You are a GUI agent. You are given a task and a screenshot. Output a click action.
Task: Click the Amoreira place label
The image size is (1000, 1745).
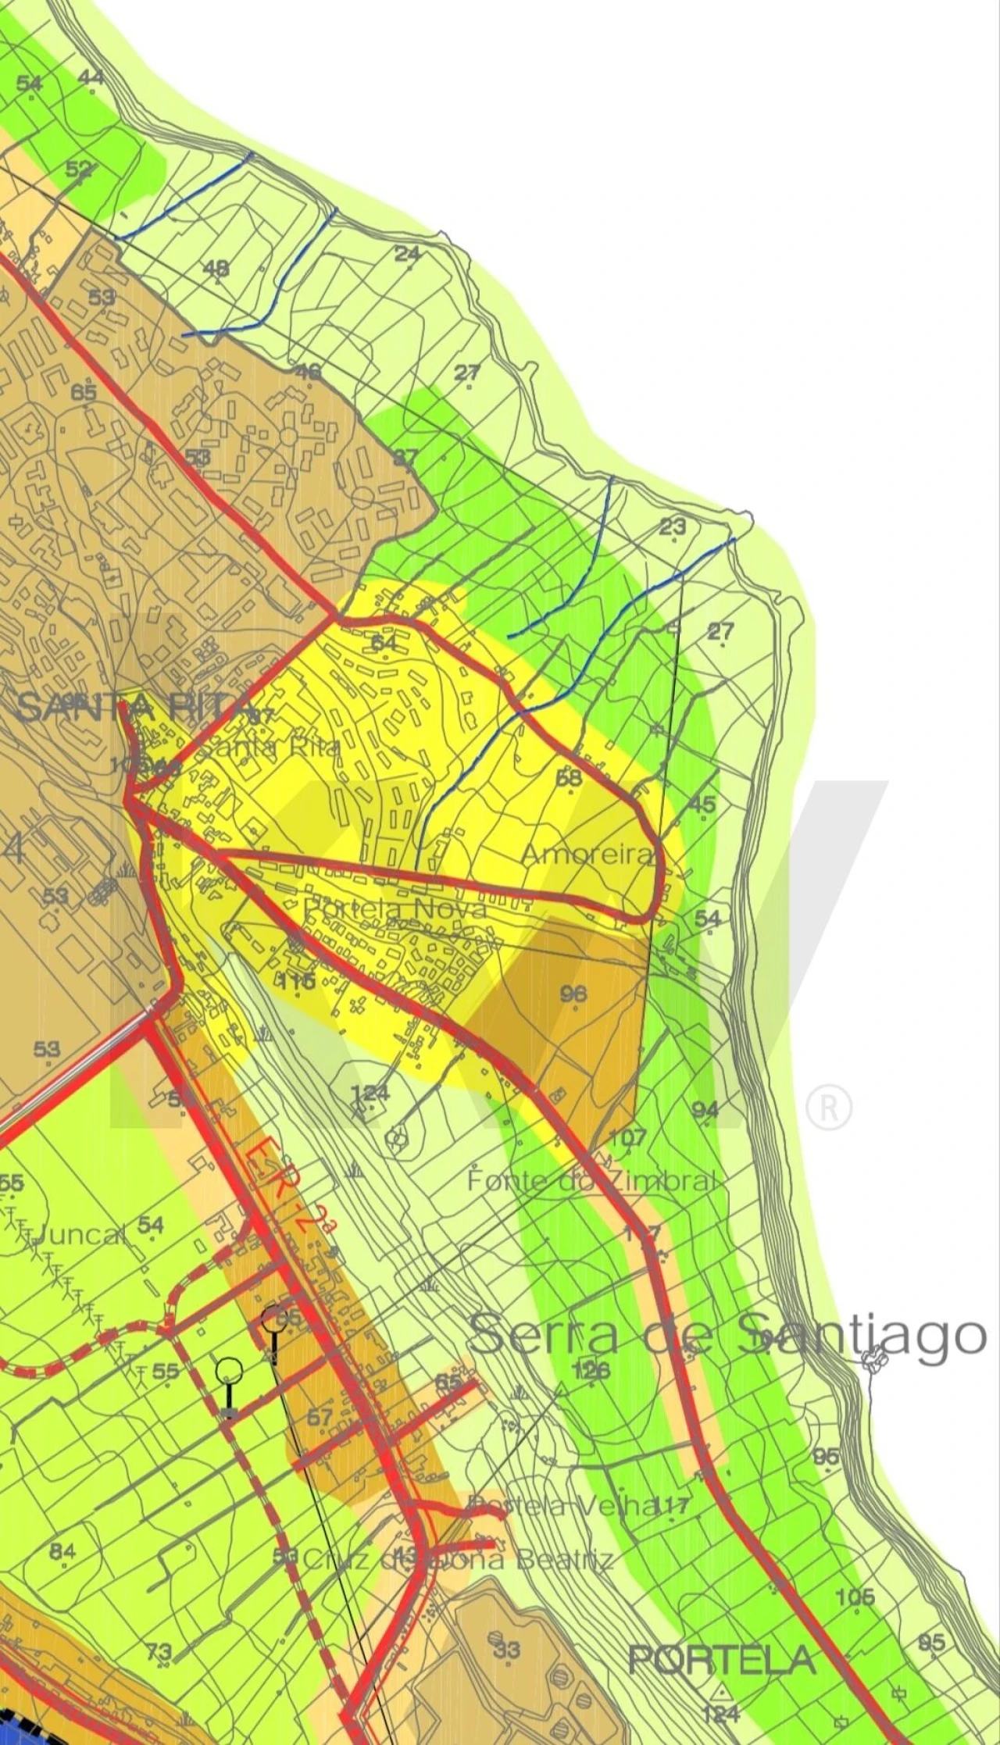pos(587,854)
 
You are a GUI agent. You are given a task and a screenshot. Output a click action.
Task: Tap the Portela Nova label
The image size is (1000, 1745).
pos(395,908)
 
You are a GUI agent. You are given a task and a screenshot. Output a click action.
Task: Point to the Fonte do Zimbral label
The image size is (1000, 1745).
pos(591,1180)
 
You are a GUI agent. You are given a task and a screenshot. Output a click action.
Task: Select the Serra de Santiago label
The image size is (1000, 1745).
pos(727,1335)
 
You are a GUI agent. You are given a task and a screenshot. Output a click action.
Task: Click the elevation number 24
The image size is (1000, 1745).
pos(407,254)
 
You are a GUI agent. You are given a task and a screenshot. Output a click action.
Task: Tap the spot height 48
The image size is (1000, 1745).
pos(216,269)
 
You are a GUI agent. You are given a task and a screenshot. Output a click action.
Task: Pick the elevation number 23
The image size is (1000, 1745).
pos(673,526)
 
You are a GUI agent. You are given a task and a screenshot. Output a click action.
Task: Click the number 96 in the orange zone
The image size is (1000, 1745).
pos(574,994)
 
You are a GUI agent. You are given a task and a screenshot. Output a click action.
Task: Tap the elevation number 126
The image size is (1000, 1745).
pos(591,1369)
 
